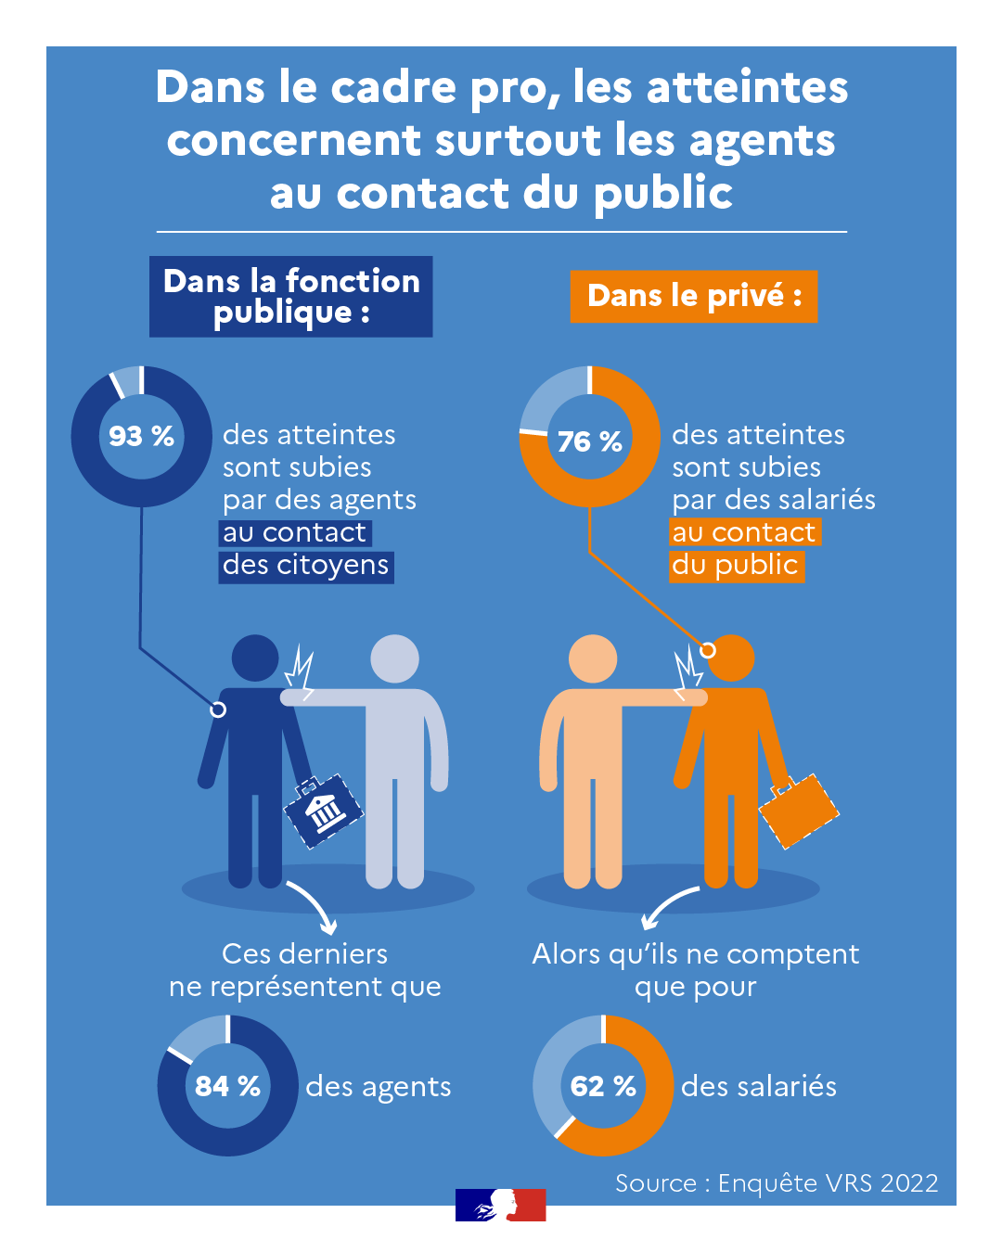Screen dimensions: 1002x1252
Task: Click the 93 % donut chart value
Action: [x=141, y=436]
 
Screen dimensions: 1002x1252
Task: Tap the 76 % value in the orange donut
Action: [x=589, y=441]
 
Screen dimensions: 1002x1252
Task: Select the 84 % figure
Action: [x=227, y=1086]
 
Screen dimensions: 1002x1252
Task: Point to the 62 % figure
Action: [x=603, y=1086]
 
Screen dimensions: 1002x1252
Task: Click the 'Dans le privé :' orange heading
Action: [x=693, y=296]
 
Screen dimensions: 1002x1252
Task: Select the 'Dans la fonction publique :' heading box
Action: [x=290, y=296]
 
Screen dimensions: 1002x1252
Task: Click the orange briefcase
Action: [x=798, y=811]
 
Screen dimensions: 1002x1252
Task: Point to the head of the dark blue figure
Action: [x=255, y=658]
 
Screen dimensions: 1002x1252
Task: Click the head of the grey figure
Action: [x=394, y=658]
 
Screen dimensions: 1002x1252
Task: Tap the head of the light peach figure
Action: [x=592, y=658]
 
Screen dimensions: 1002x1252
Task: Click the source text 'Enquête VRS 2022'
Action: [x=828, y=1182]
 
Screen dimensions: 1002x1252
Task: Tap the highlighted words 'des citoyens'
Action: [x=305, y=566]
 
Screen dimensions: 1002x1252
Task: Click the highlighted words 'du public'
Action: [x=737, y=566]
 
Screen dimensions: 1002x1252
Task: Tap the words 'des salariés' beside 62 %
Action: [x=758, y=1086]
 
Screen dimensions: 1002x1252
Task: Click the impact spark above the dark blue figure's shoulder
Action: [x=299, y=669]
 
